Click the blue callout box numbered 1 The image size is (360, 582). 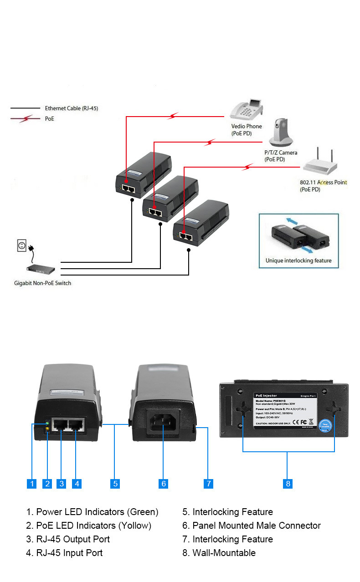coord(31,484)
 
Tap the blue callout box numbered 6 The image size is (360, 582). coord(164,484)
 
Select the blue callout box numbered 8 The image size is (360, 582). coord(288,484)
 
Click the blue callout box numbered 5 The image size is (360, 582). coord(115,484)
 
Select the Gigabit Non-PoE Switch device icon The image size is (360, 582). coord(41,270)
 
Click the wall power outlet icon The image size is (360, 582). coord(21,246)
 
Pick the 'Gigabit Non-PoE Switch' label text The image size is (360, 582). coord(42,283)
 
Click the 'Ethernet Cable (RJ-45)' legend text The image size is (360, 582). coord(71,108)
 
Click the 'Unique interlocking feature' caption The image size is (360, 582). coord(298,261)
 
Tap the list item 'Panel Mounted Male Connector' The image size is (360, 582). coord(252,526)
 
